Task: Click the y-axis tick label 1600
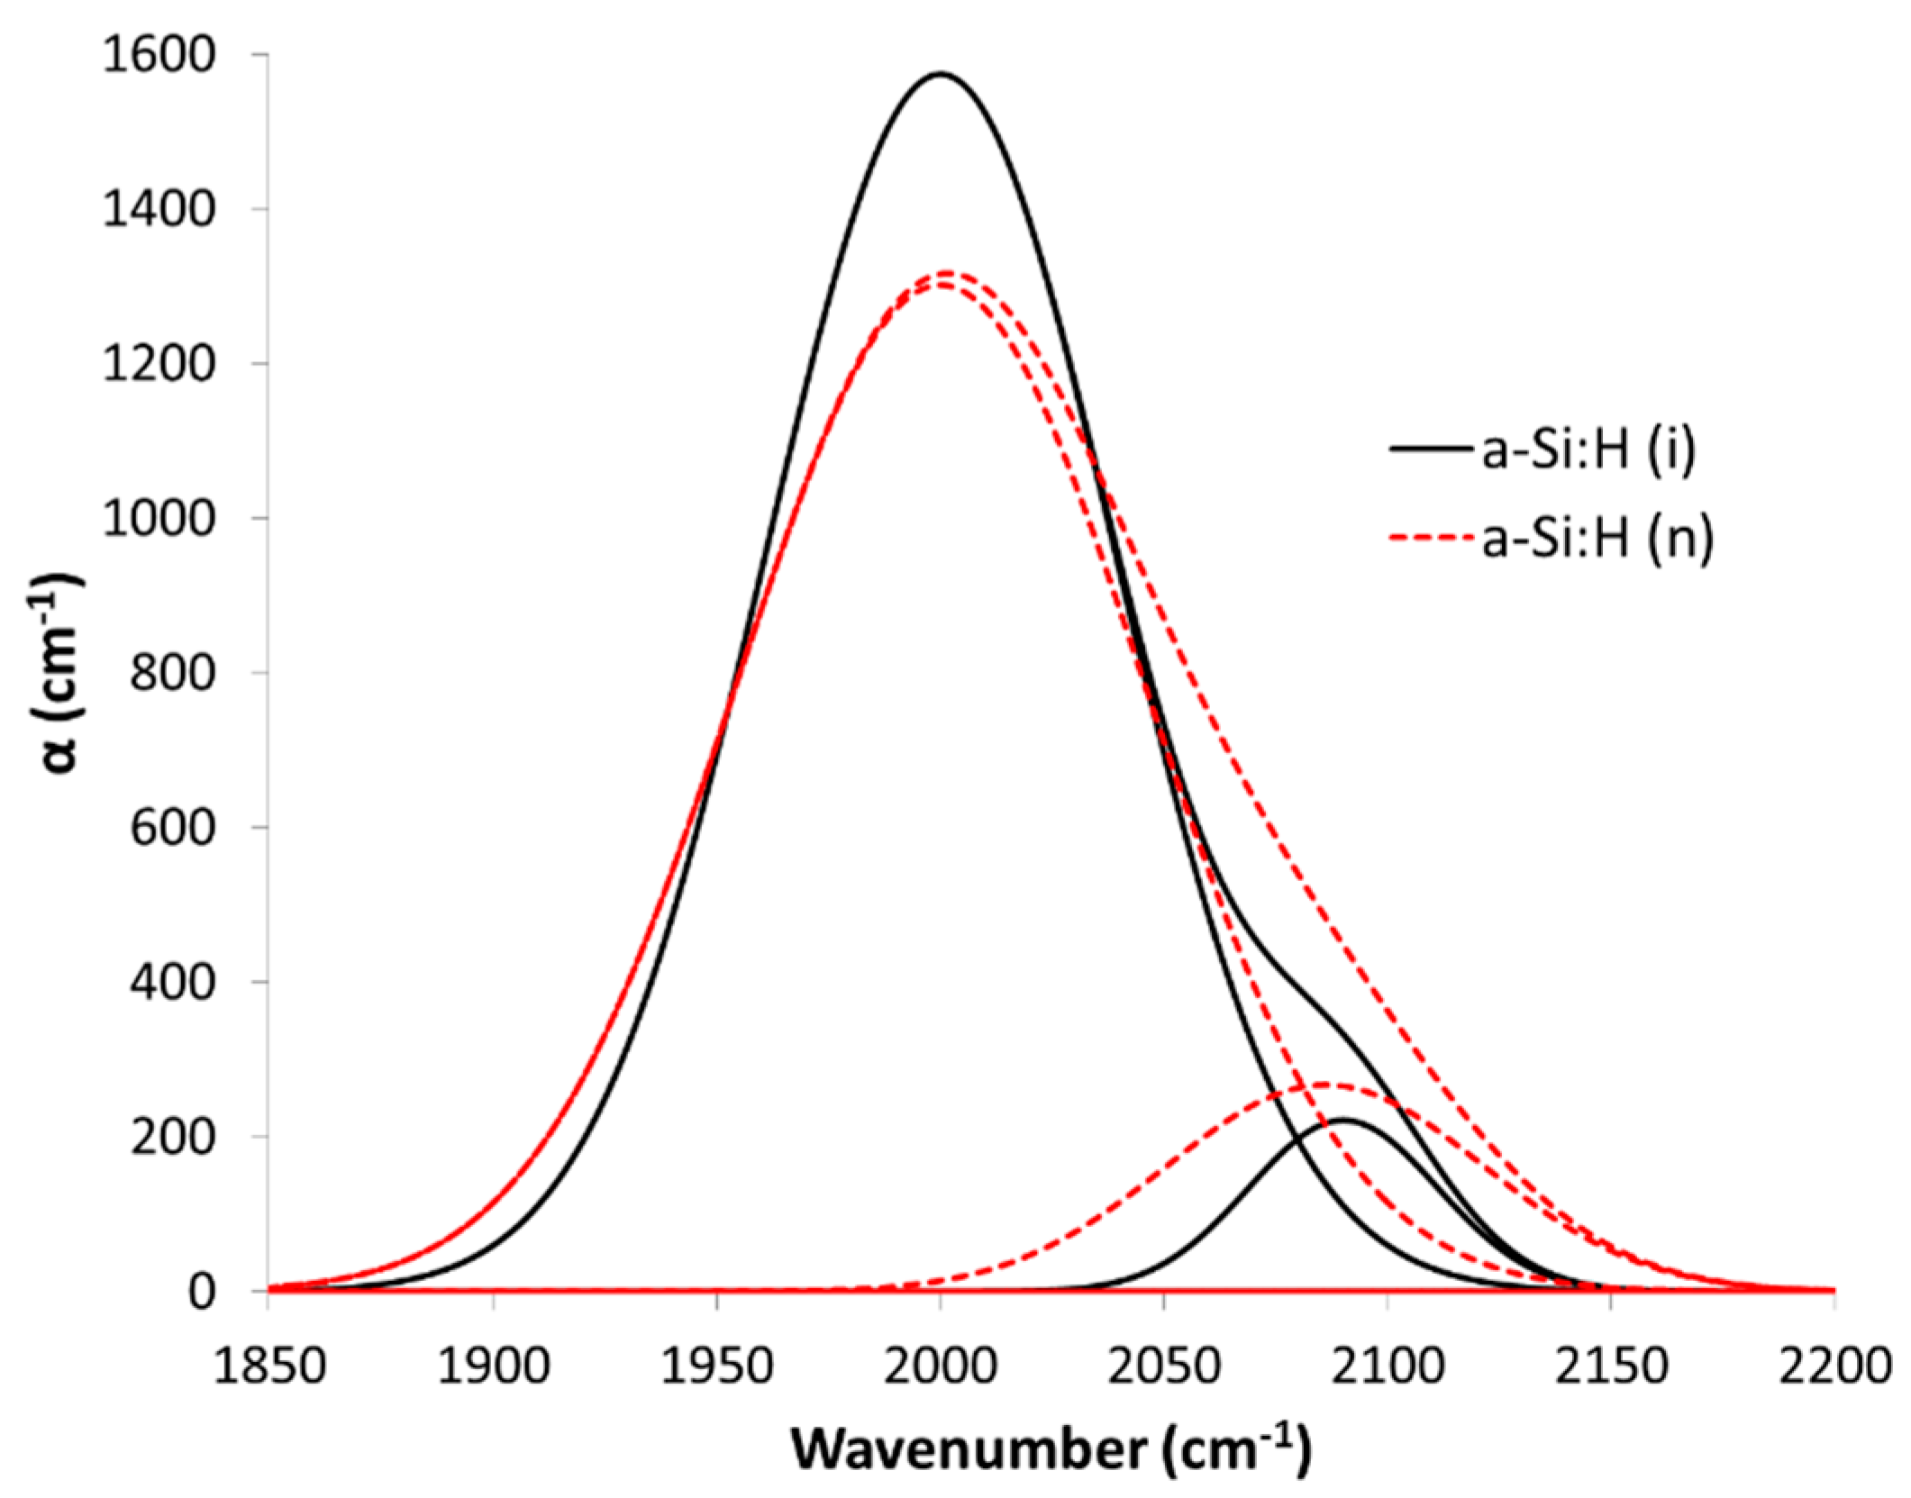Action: pyautogui.click(x=159, y=56)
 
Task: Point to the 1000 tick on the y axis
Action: pyautogui.click(x=159, y=519)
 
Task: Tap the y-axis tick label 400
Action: pyautogui.click(x=173, y=982)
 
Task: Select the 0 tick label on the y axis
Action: pyautogui.click(x=202, y=1292)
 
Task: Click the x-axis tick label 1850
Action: pyautogui.click(x=269, y=1367)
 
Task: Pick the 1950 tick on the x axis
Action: pyautogui.click(x=717, y=1367)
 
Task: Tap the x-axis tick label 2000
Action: pyautogui.click(x=941, y=1367)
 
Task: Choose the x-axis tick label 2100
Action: pyautogui.click(x=1388, y=1367)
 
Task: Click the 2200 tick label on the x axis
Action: pyautogui.click(x=1834, y=1367)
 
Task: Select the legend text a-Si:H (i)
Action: pyautogui.click(x=1589, y=449)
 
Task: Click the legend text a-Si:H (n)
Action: pyautogui.click(x=1597, y=539)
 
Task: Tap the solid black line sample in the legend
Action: pyautogui.click(x=1433, y=449)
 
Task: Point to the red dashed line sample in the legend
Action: pyautogui.click(x=1433, y=539)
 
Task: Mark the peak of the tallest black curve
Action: pyautogui.click(x=941, y=73)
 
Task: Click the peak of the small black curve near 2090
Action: pyautogui.click(x=1342, y=1120)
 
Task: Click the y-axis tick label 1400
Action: pyautogui.click(x=159, y=210)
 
